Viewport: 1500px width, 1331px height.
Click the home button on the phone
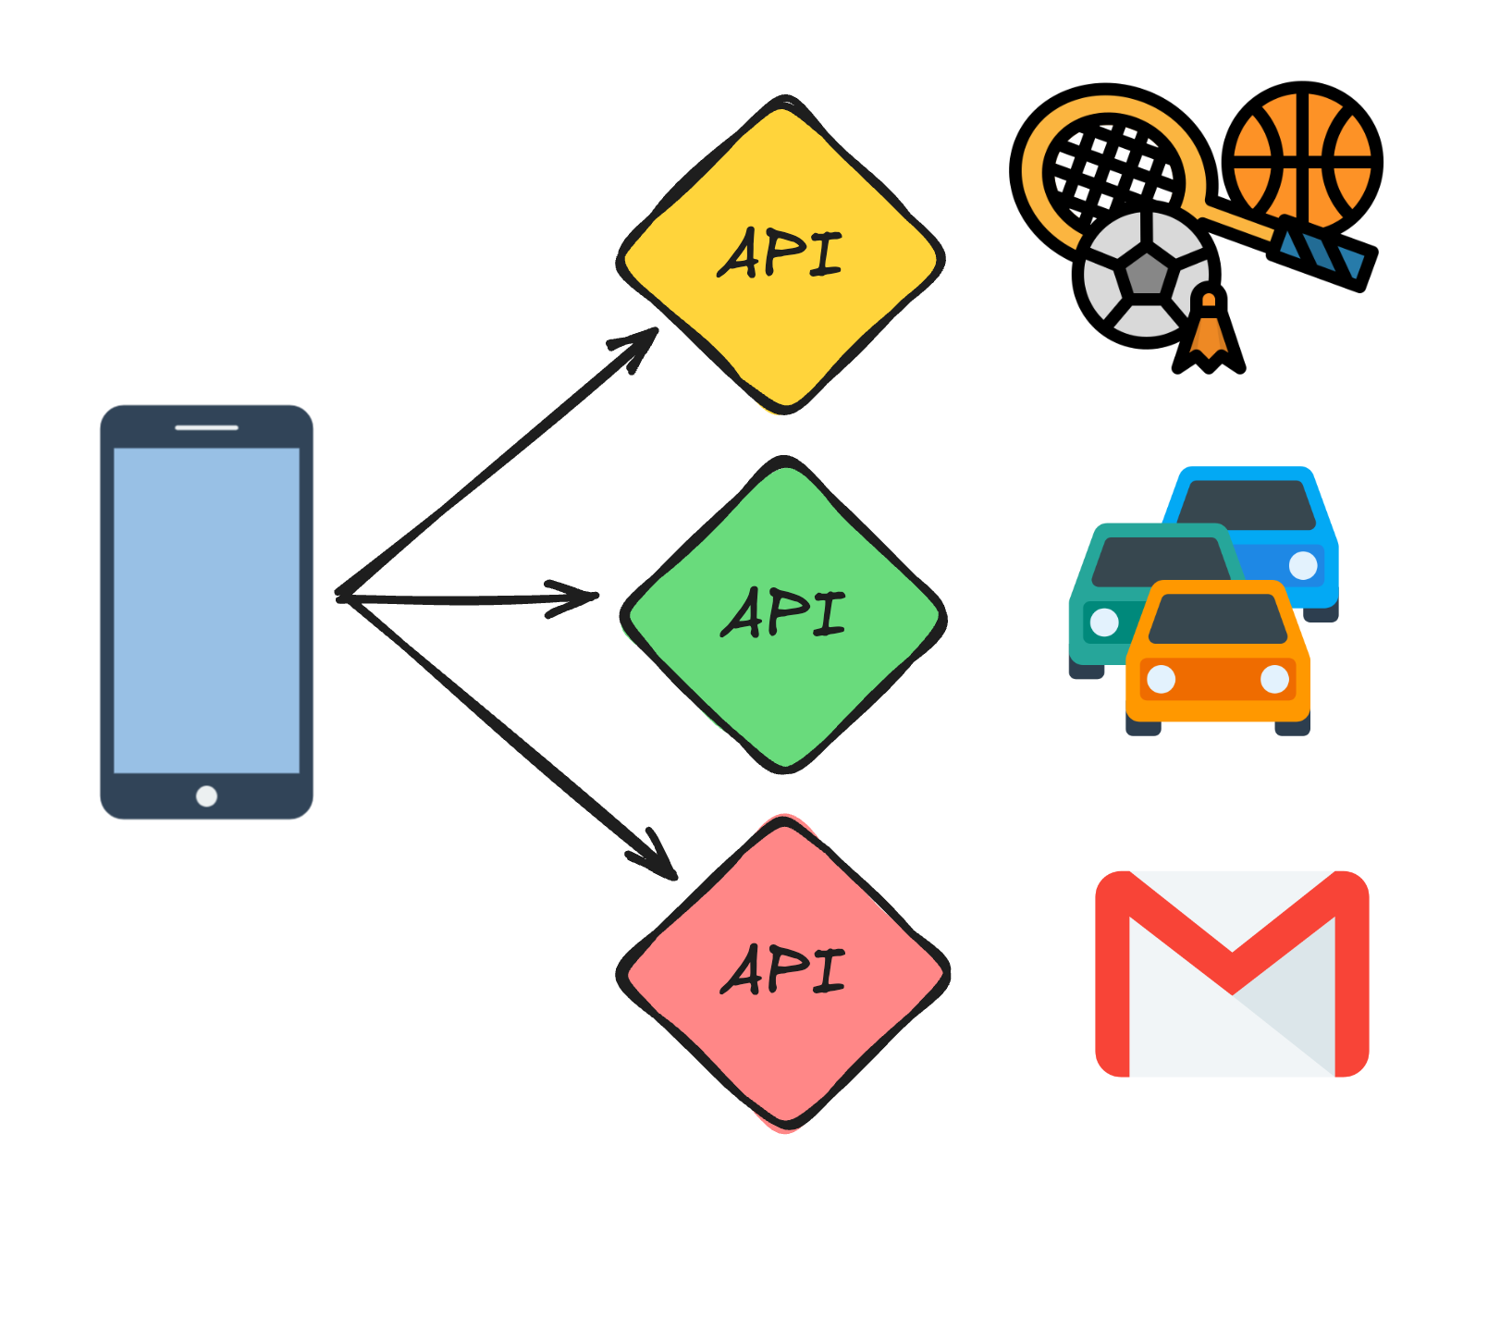pyautogui.click(x=206, y=796)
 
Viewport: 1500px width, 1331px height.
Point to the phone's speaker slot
pyautogui.click(x=206, y=427)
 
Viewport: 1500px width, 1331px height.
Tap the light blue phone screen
pyautogui.click(x=206, y=610)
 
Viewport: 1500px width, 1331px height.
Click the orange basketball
pyautogui.click(x=1302, y=161)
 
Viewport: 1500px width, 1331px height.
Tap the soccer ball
pyautogui.click(x=1145, y=275)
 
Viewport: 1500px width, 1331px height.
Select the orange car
pyautogui.click(x=1217, y=680)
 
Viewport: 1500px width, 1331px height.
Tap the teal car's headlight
pyautogui.click(x=1104, y=622)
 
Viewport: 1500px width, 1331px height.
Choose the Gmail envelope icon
pyautogui.click(x=1232, y=974)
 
